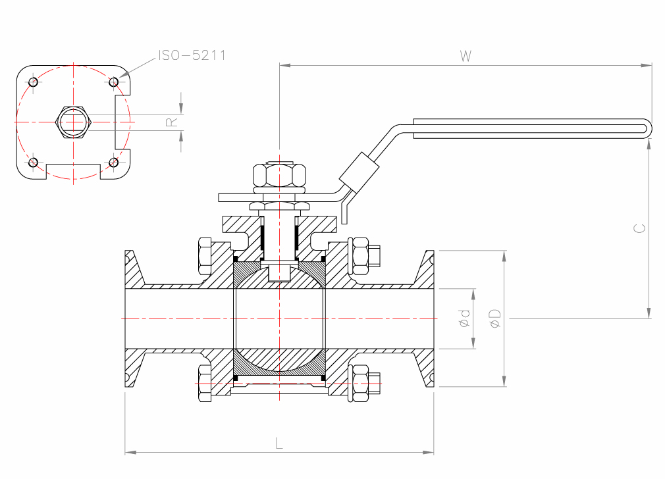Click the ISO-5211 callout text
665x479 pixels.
[x=192, y=55]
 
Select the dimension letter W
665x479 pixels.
[x=465, y=57]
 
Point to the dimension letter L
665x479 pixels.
[x=279, y=443]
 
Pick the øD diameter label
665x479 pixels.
[x=495, y=318]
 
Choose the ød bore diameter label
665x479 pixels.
[x=465, y=318]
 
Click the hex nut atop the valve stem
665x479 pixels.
[x=280, y=175]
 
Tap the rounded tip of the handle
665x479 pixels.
[x=650, y=128]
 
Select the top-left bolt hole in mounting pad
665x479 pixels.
[x=34, y=82]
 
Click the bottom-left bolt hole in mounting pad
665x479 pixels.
[x=34, y=162]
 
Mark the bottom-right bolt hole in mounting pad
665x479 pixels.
[x=113, y=162]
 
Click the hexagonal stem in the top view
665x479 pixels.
[x=73, y=122]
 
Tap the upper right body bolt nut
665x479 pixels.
[x=360, y=255]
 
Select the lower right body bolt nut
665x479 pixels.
[x=360, y=382]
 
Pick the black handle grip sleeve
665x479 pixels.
[x=359, y=170]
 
